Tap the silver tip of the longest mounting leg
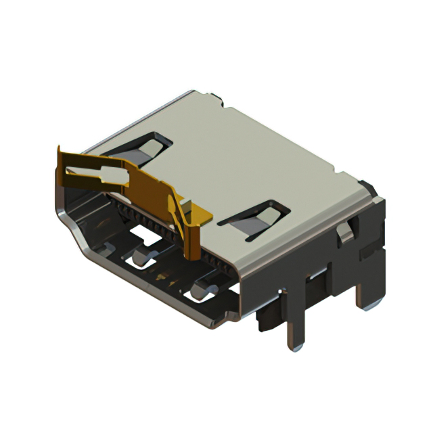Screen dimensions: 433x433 point(294,347)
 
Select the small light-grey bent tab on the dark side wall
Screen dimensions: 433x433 point(345,232)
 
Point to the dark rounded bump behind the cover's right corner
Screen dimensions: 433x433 point(367,187)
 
